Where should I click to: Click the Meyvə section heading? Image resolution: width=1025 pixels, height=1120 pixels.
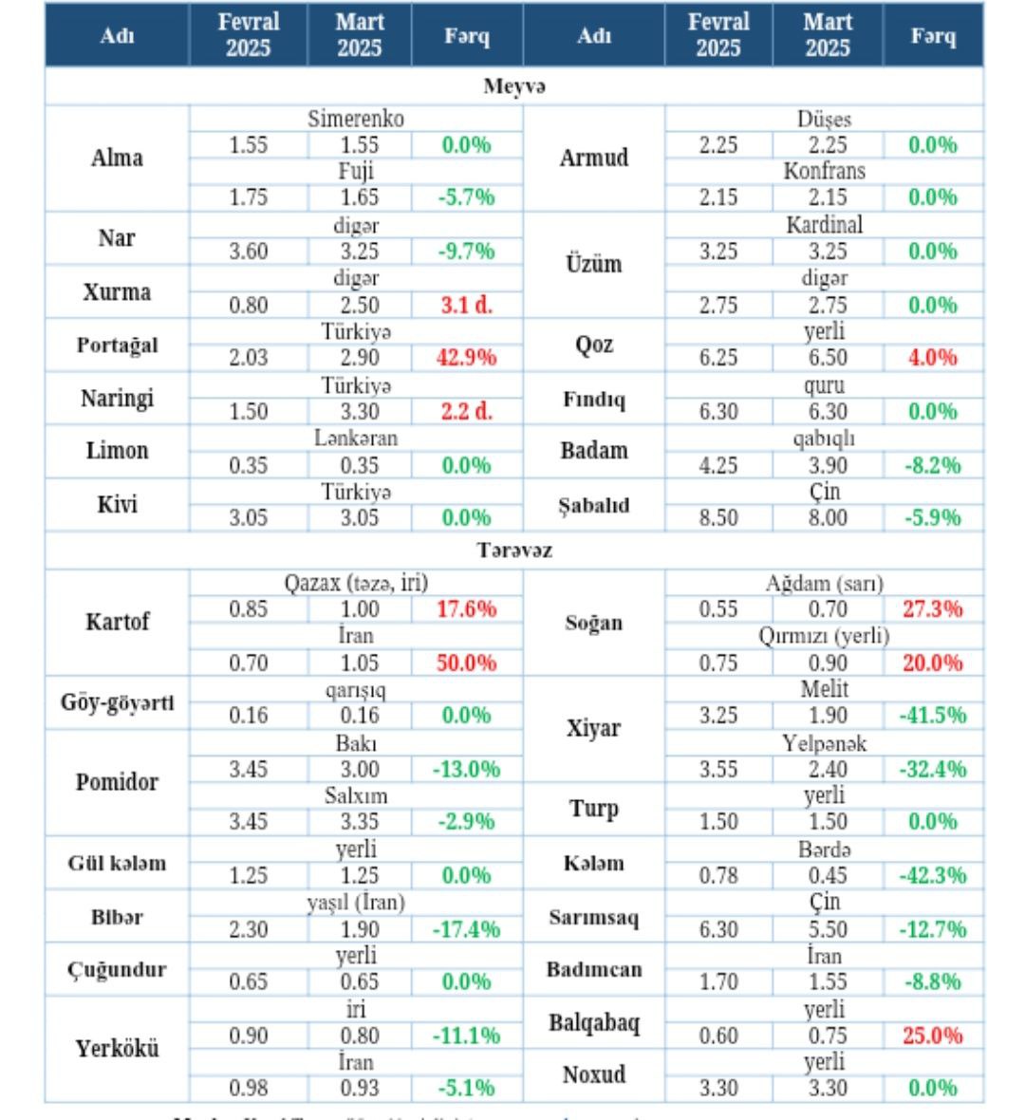(x=514, y=86)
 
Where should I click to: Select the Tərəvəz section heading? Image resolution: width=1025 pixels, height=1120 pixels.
(x=514, y=551)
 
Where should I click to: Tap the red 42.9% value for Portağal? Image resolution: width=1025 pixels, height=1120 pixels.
(x=466, y=358)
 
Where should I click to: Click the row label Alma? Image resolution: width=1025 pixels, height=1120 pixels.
(x=117, y=158)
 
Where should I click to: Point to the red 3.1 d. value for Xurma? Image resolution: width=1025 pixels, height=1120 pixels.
(x=466, y=305)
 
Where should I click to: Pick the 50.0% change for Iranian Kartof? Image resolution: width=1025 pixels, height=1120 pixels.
(x=466, y=663)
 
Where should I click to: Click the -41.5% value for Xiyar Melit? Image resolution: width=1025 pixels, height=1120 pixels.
(x=932, y=716)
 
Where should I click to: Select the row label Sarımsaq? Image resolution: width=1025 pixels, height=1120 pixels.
(x=594, y=918)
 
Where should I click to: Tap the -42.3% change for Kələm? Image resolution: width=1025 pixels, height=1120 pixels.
(x=932, y=875)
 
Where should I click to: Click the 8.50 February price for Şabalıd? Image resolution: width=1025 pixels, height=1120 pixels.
(x=718, y=517)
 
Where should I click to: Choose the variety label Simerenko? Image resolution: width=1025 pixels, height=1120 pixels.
(x=356, y=119)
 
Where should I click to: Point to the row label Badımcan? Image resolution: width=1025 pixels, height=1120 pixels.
(x=594, y=970)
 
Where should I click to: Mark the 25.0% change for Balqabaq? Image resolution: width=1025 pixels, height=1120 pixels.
(x=932, y=1036)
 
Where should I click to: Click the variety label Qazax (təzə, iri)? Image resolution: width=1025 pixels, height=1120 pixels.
(x=356, y=583)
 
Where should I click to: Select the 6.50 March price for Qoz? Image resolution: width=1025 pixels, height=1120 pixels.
(x=828, y=358)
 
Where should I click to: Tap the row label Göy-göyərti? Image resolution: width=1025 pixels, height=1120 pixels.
(x=117, y=703)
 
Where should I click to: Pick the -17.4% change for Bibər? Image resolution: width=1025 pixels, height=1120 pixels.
(x=466, y=929)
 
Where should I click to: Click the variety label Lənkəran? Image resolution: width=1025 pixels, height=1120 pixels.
(x=356, y=439)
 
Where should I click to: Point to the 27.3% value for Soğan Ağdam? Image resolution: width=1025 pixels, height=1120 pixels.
(x=932, y=609)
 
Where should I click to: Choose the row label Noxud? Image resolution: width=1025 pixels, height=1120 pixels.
(x=594, y=1074)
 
